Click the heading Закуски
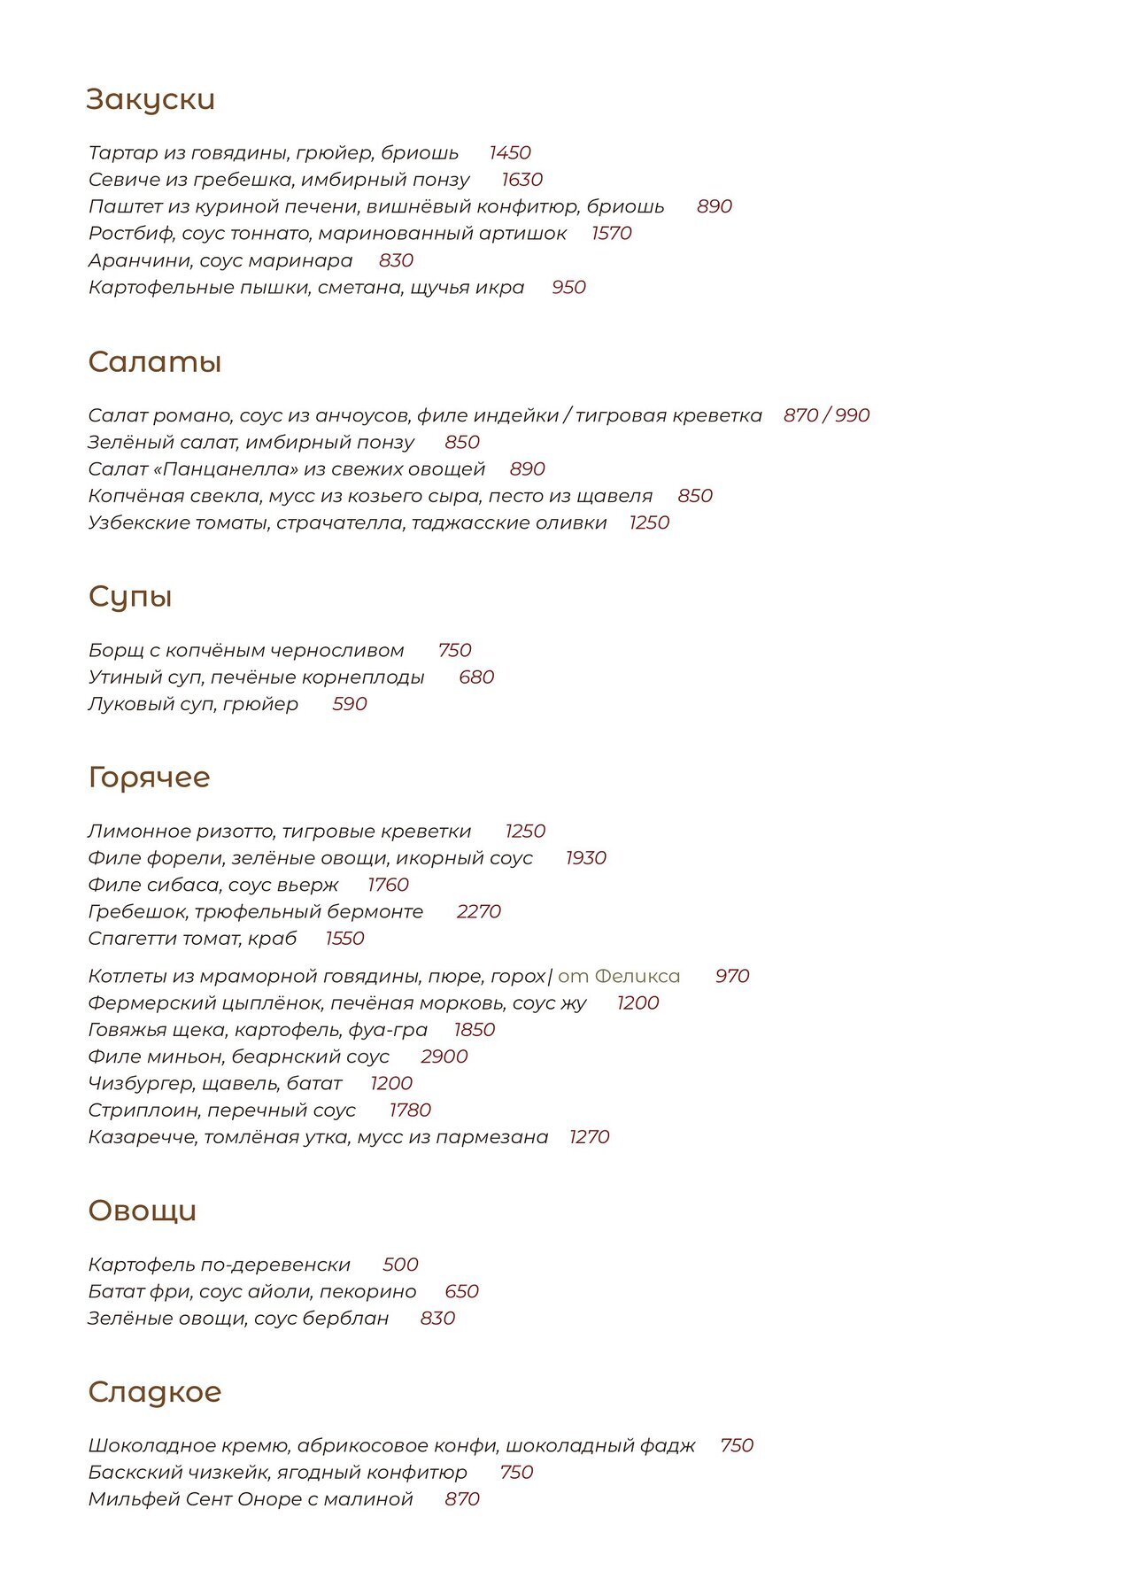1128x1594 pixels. coord(151,99)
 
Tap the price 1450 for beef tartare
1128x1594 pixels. coord(509,153)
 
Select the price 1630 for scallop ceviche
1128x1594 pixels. coord(522,180)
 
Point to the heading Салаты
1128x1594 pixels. coord(154,362)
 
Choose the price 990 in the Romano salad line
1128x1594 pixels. coord(852,415)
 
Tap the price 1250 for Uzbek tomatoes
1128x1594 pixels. coord(649,522)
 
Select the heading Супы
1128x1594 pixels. coord(129,596)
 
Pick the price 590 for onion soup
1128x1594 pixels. coord(350,704)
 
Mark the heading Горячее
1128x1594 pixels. coord(149,777)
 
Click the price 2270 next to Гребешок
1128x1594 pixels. coord(479,911)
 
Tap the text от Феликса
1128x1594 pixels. coord(619,976)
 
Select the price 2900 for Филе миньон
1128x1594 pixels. coord(444,1056)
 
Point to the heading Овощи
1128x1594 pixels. coord(142,1211)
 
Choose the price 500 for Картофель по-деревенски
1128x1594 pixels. coord(400,1265)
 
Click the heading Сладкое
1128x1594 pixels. coord(154,1391)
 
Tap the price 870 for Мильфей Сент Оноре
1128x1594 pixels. coord(462,1499)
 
